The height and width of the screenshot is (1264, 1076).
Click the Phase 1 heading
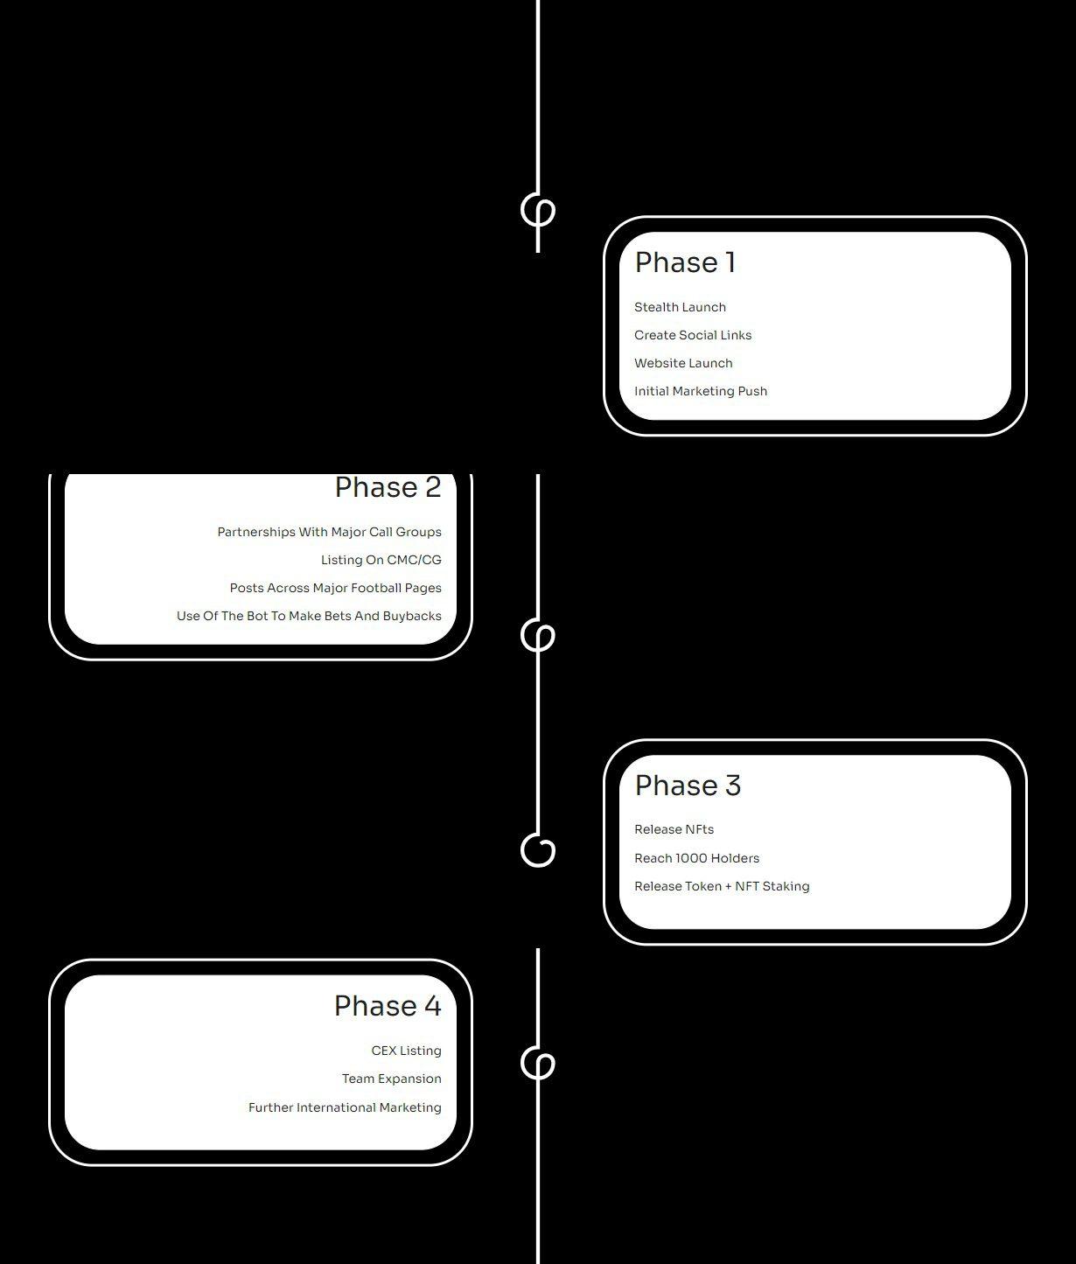tap(684, 263)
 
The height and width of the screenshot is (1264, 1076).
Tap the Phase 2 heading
tap(388, 487)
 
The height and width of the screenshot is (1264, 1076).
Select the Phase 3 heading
tap(688, 786)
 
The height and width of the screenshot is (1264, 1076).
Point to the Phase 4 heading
tap(388, 1006)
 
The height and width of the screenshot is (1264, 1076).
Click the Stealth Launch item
tap(681, 307)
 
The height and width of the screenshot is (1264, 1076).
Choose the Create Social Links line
tap(693, 335)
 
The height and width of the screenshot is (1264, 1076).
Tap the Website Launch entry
tap(683, 363)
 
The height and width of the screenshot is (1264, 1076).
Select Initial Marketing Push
tap(701, 391)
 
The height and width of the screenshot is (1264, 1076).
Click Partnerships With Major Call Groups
tap(329, 532)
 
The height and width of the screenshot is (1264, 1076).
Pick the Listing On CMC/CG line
tap(381, 560)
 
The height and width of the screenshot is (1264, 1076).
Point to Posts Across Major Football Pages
tap(335, 589)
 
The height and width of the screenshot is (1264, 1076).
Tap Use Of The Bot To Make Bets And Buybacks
tap(309, 616)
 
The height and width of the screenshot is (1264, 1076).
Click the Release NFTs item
tap(674, 829)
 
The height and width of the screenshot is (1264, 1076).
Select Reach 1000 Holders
tap(696, 858)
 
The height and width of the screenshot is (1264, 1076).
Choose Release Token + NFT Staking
tap(722, 886)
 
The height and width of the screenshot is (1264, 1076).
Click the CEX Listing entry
tap(406, 1051)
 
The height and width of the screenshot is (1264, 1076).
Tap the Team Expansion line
tap(392, 1079)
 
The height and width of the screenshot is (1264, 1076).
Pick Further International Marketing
tap(345, 1107)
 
